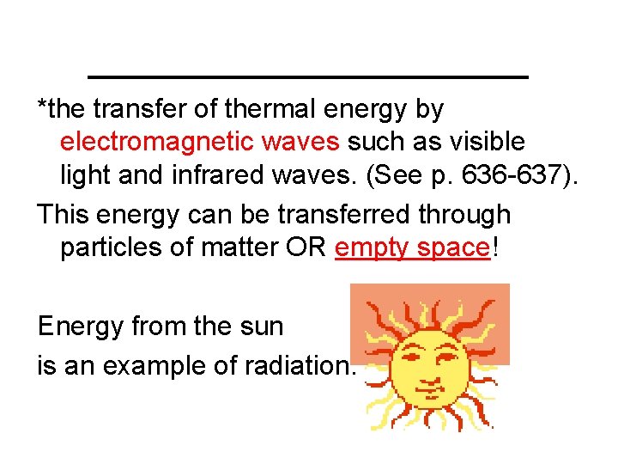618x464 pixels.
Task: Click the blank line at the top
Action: pyautogui.click(x=308, y=77)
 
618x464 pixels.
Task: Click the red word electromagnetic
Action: pyautogui.click(x=146, y=141)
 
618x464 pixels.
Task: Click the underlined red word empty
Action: pyautogui.click(x=367, y=249)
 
